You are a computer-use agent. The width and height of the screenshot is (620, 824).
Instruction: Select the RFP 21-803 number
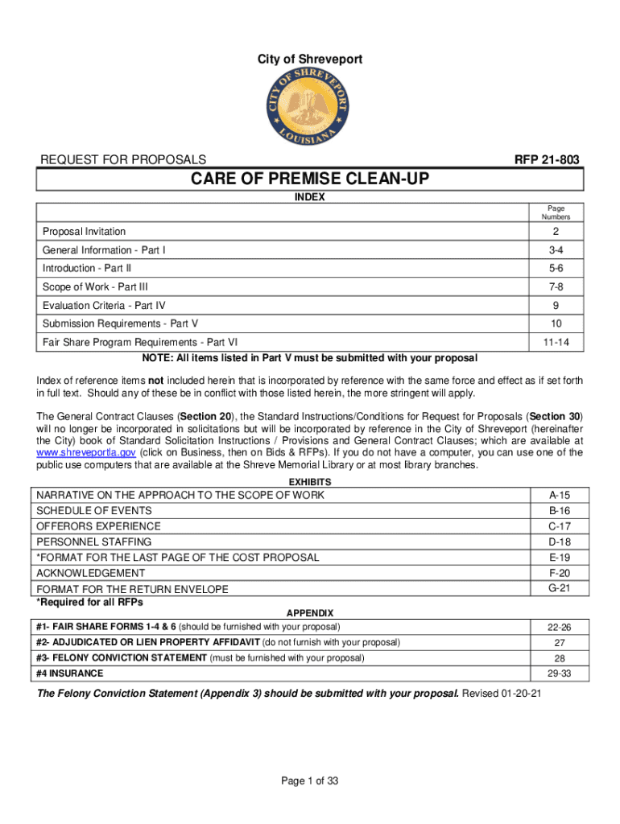click(547, 160)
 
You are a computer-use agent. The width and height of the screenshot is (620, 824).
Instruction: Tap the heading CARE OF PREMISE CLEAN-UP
click(310, 179)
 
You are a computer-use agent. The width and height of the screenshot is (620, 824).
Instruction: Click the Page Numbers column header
click(556, 212)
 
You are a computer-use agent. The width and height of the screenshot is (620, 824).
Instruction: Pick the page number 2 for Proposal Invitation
click(556, 232)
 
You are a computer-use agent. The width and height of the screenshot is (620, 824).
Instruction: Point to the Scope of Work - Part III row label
click(95, 286)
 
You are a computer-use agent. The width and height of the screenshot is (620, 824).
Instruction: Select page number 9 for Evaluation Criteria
click(556, 305)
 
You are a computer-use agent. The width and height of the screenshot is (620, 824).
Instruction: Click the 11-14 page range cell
click(556, 342)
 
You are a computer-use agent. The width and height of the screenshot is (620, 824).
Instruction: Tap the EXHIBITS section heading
click(310, 481)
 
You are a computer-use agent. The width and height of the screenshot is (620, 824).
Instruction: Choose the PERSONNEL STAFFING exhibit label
click(93, 542)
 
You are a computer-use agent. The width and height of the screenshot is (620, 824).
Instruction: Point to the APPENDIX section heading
click(310, 613)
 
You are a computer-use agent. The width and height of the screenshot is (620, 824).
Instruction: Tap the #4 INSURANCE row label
click(70, 673)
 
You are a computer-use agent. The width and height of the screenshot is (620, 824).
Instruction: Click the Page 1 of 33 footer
click(309, 781)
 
